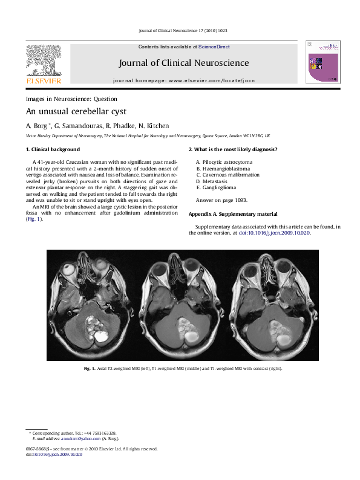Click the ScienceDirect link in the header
[215, 47]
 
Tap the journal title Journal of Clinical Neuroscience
[180, 62]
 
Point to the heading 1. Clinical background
[53, 149]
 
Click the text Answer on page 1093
[221, 199]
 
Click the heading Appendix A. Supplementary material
[233, 214]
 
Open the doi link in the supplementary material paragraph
[283, 232]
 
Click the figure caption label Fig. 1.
[89, 368]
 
